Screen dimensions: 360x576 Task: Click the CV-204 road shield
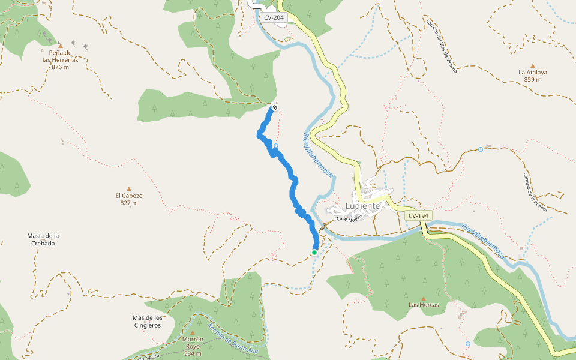[274, 17]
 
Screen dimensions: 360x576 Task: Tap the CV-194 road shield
[419, 215]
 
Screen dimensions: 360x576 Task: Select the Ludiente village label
[362, 206]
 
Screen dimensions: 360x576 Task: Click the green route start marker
[314, 253]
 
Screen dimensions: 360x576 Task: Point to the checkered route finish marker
[274, 107]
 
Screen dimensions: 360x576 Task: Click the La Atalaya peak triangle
[533, 66]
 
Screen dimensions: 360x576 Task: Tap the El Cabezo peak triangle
[128, 188]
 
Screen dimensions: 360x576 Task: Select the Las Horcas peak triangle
[423, 298]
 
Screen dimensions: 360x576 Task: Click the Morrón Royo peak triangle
[193, 332]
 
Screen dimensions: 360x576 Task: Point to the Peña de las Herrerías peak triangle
[60, 45]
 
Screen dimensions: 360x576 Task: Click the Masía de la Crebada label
[43, 239]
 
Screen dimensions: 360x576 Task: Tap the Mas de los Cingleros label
[147, 322]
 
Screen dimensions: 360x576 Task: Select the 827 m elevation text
[129, 203]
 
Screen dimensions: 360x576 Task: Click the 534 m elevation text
[193, 354]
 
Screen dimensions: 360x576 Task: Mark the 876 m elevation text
[60, 67]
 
